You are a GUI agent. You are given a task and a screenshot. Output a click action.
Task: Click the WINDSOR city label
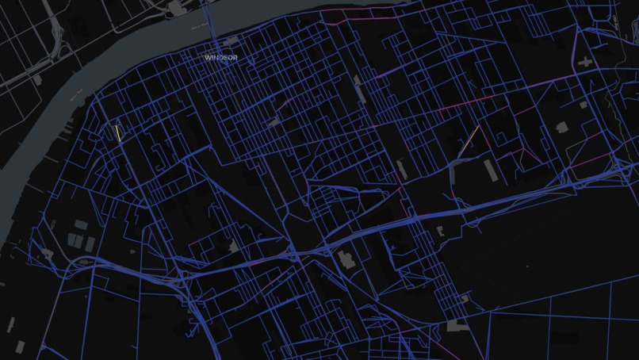tap(220, 58)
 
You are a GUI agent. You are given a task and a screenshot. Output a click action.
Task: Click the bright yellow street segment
tap(117, 133)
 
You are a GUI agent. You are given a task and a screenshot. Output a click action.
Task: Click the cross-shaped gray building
tap(585, 61)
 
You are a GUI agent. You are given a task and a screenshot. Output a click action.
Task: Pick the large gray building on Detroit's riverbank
tap(174, 7)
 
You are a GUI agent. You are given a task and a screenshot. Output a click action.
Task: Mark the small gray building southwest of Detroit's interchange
tap(37, 79)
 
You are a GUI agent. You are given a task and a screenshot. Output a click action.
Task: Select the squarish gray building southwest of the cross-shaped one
tap(561, 127)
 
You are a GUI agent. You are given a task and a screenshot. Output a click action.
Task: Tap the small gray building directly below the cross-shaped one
tap(583, 104)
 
